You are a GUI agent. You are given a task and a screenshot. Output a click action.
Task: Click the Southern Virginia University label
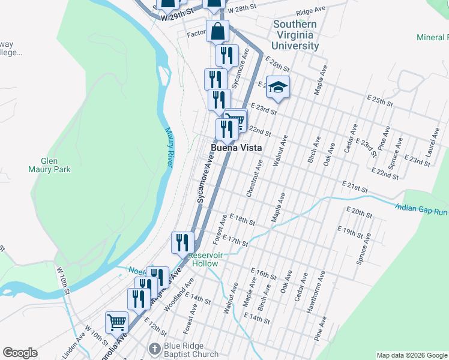(x=294, y=35)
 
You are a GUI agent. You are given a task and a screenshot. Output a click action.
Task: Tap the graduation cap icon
(x=278, y=87)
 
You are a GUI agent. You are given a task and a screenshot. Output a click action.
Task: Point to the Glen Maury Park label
(x=55, y=165)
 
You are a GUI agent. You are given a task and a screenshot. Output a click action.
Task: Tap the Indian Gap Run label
(x=421, y=209)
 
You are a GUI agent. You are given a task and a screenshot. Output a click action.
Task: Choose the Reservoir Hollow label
(x=205, y=259)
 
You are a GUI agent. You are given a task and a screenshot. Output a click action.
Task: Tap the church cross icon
(x=155, y=349)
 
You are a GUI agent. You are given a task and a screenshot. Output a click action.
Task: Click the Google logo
(x=20, y=353)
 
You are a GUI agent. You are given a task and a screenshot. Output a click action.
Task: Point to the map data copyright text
(x=411, y=355)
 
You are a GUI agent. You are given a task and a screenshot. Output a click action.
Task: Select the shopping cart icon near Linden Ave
(x=116, y=322)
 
